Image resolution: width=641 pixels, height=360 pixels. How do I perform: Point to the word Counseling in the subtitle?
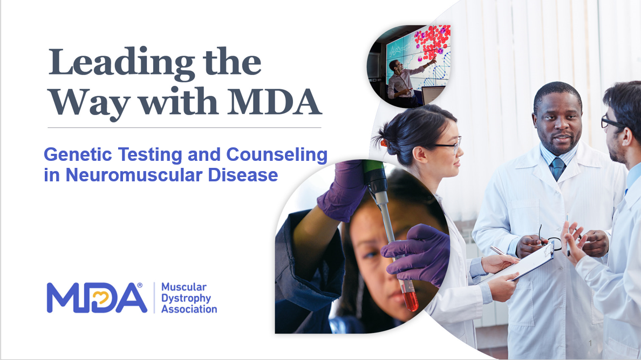(x=277, y=155)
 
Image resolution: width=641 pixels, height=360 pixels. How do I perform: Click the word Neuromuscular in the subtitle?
(x=134, y=175)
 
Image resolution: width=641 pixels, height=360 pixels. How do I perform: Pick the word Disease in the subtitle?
(x=243, y=175)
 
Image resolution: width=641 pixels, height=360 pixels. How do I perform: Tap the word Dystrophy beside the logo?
(x=186, y=298)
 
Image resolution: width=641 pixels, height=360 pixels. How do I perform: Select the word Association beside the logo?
(x=189, y=309)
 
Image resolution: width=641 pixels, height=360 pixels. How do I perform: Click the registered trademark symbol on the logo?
(x=140, y=285)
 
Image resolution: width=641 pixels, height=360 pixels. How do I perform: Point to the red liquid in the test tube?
(x=410, y=296)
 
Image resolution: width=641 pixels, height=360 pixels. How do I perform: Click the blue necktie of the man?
(x=557, y=168)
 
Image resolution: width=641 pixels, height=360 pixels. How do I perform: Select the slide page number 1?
(x=590, y=343)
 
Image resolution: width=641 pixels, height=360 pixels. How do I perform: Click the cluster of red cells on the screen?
(x=433, y=42)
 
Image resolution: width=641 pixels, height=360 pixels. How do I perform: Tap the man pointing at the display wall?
(x=403, y=80)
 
